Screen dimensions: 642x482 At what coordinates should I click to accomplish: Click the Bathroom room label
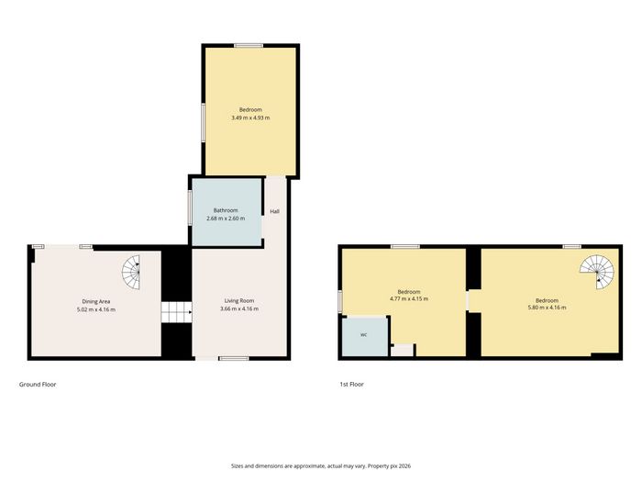tap(226, 210)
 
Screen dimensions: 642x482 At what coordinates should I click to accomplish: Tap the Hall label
tap(274, 211)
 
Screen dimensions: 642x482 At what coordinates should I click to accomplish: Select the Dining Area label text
tap(95, 301)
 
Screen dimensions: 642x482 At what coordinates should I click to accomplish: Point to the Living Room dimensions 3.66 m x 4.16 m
tap(239, 308)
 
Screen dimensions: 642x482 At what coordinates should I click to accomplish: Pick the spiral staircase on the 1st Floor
tap(597, 272)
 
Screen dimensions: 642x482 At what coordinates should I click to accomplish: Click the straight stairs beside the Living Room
tap(176, 312)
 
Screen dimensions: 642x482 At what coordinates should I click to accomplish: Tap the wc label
tap(363, 335)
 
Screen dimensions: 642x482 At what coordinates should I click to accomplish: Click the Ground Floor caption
tap(38, 385)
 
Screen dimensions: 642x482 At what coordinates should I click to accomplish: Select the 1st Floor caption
tap(351, 385)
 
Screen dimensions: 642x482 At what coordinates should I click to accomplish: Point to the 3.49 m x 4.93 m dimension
tap(250, 118)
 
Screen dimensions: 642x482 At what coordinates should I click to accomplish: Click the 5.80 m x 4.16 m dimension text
tap(547, 308)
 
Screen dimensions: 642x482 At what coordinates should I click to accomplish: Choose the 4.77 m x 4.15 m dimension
tap(409, 298)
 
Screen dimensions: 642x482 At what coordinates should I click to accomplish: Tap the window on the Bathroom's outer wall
tap(190, 207)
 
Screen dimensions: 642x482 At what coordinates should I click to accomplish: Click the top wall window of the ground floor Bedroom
tap(249, 46)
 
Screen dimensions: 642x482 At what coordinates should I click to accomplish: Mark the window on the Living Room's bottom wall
tap(234, 359)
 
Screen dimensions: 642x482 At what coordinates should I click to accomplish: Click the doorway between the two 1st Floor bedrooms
tap(473, 300)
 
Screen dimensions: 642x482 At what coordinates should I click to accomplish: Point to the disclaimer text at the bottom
tap(321, 466)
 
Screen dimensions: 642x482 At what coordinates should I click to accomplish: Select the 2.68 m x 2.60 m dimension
tap(226, 219)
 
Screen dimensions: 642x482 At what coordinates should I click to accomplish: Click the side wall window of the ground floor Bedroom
tap(203, 122)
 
